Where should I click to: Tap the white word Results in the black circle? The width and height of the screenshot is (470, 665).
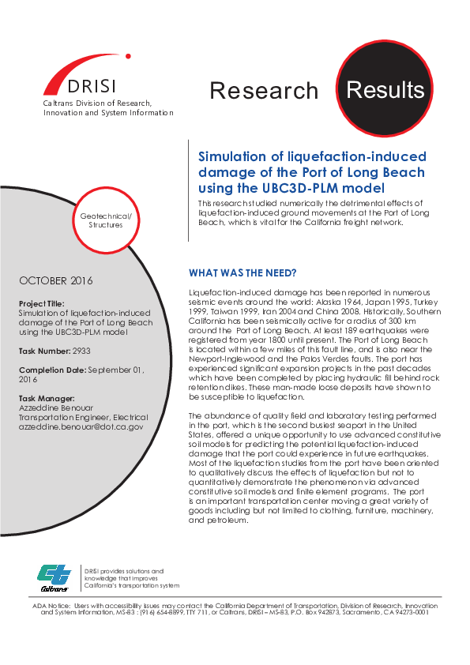(x=385, y=89)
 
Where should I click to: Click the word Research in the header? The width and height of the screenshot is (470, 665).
(x=264, y=91)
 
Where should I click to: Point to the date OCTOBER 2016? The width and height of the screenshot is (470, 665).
(x=56, y=281)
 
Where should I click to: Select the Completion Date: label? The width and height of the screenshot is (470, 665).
(x=52, y=370)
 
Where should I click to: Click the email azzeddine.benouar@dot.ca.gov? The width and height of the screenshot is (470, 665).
(x=81, y=426)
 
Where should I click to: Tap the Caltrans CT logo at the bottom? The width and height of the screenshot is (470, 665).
(x=55, y=577)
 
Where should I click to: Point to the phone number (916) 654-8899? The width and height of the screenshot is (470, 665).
(x=159, y=612)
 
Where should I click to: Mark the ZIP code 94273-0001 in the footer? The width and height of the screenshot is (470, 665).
(x=411, y=612)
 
